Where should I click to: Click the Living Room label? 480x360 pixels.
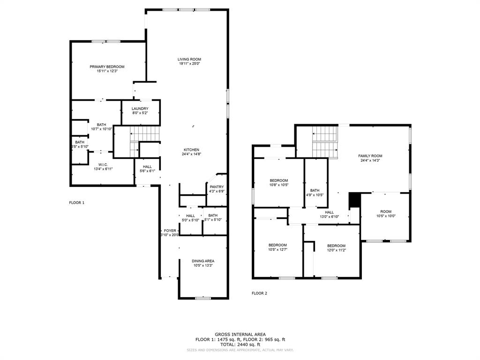click(189, 60)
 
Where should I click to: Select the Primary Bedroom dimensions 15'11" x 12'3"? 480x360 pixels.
click(107, 71)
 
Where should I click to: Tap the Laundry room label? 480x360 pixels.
click(140, 109)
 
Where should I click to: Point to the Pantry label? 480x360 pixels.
click(217, 187)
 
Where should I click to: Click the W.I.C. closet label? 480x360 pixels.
click(103, 165)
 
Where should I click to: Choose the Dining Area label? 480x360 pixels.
click(203, 261)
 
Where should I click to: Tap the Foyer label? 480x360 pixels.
click(170, 231)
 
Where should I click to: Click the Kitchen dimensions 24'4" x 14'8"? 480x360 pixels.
click(191, 154)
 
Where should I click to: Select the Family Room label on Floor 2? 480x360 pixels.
click(370, 156)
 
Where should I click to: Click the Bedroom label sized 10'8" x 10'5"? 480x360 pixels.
click(278, 180)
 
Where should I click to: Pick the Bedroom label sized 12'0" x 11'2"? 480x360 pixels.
click(336, 246)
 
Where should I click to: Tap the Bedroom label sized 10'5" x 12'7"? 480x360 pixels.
click(277, 245)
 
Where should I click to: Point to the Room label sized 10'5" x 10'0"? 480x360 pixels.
click(386, 211)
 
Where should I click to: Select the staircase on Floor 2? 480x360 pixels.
click(325, 142)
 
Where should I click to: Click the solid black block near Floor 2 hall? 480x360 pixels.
click(354, 200)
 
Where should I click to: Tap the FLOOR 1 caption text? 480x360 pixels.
click(77, 203)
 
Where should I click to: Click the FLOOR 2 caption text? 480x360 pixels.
click(259, 293)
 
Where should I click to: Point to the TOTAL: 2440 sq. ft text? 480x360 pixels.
click(240, 345)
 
